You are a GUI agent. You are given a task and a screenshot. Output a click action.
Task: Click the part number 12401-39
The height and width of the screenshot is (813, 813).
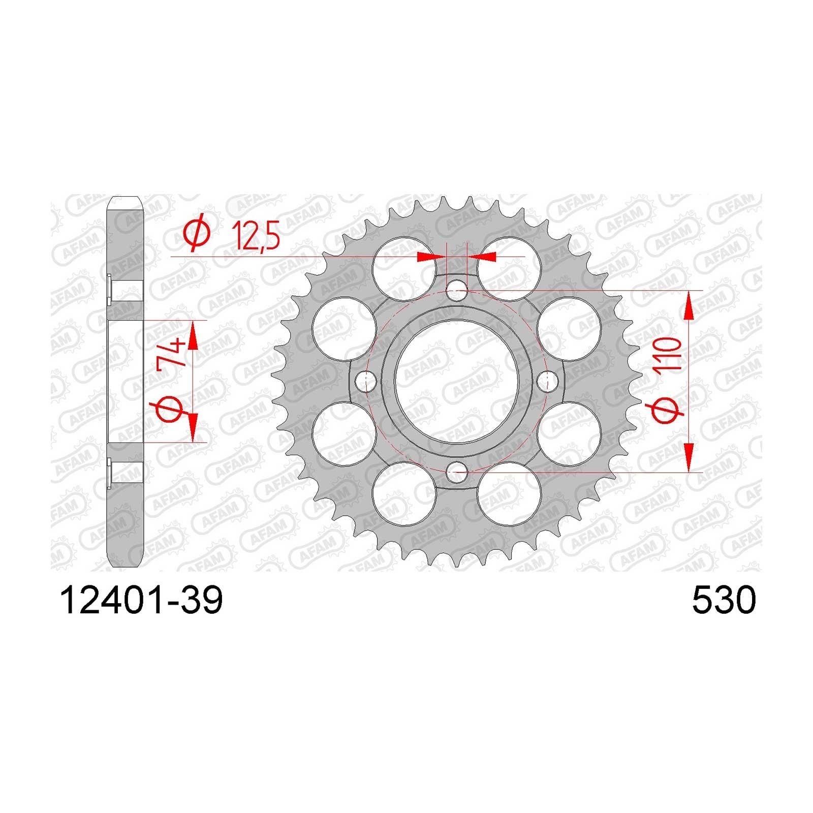141,601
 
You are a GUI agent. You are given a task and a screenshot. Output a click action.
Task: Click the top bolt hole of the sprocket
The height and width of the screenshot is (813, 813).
456,291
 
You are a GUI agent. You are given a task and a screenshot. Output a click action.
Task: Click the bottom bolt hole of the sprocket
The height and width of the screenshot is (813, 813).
456,472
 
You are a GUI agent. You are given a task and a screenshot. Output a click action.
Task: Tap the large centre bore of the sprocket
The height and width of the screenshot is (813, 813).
456,381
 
